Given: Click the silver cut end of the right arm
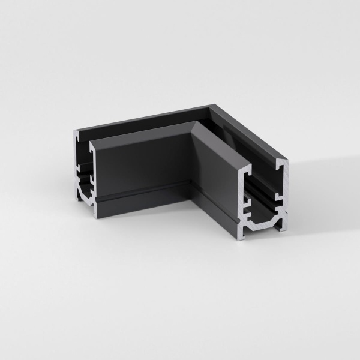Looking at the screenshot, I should tap(265, 198).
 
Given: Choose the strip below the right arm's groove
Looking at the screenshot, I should tap(216, 207).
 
